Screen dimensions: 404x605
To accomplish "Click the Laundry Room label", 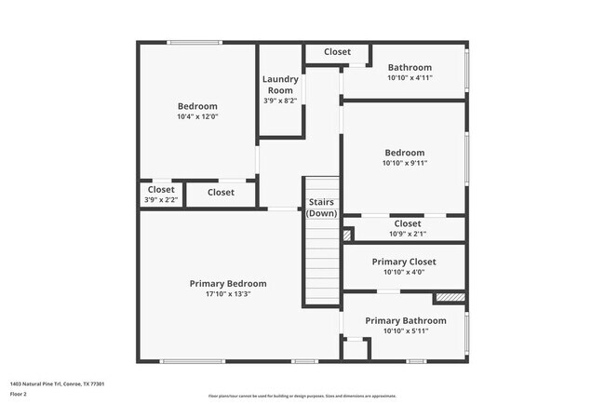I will click(280, 85).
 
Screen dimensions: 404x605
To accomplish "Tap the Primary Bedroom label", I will click(228, 283).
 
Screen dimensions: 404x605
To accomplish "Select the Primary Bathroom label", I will click(405, 320).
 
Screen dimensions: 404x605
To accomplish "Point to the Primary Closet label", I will click(404, 262).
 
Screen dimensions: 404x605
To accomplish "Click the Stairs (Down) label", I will click(322, 208).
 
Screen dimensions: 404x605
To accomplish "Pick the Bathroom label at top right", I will click(410, 67).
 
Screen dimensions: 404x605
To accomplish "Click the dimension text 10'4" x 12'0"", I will click(197, 117).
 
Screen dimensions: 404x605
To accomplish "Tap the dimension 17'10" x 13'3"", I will click(228, 294).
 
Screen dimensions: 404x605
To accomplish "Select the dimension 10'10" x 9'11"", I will click(405, 164).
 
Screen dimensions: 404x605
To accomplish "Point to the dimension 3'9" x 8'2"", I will click(280, 101).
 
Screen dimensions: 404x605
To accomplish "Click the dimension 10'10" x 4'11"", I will click(410, 78).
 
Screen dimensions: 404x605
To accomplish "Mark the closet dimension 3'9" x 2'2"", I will click(161, 199).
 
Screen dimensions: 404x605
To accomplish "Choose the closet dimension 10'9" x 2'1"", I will click(408, 234).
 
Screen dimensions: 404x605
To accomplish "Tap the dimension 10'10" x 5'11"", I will click(405, 331).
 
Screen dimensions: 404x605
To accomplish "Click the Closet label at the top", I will click(337, 52).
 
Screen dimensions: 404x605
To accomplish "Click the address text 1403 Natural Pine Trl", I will click(57, 384).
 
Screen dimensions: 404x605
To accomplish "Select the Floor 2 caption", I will click(19, 394).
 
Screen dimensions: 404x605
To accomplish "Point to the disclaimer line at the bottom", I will click(302, 396).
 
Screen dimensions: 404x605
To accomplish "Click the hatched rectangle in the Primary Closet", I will click(449, 298).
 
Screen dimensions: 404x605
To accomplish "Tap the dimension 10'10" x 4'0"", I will click(404, 273).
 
